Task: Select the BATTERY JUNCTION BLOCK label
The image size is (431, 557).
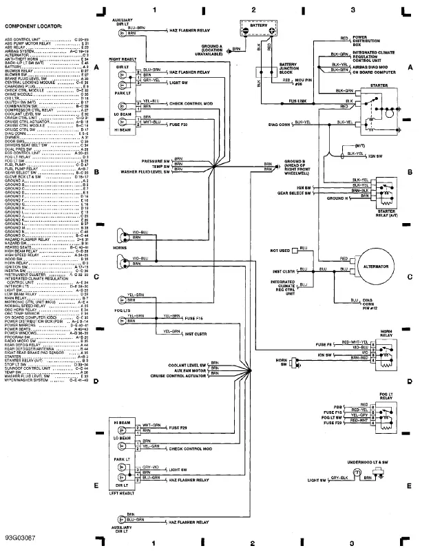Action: (x=288, y=68)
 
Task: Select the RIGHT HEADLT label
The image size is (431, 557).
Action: (x=122, y=60)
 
